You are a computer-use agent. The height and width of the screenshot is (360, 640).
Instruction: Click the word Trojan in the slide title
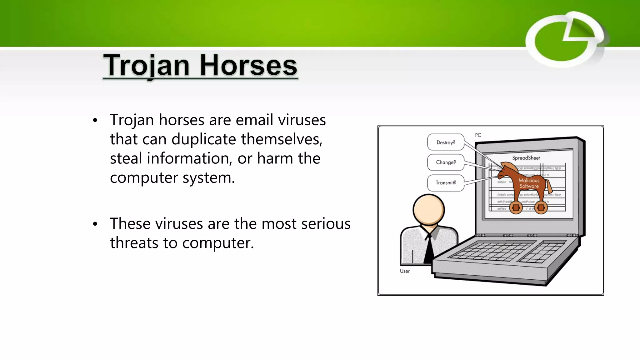point(146,66)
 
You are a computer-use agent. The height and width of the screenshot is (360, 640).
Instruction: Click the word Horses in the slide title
point(248,66)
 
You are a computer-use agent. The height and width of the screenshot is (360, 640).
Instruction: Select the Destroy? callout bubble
point(446,142)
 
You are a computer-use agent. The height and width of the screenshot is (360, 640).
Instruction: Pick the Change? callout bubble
point(446,162)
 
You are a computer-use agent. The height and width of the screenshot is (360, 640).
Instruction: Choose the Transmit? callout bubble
point(446,183)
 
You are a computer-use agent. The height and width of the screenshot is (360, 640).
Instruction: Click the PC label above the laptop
point(478,135)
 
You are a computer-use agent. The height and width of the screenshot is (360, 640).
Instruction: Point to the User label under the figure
point(405,271)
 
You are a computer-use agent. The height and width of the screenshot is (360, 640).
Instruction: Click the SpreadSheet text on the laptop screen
point(526,158)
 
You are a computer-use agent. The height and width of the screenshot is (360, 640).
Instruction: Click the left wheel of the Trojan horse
point(516,207)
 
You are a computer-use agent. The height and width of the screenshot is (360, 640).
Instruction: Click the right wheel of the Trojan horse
point(541,207)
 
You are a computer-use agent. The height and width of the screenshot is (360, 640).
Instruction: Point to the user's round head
point(428,210)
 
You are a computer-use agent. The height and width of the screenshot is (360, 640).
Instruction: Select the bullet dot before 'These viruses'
point(95,224)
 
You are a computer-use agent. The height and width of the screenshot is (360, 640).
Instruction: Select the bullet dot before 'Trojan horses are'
point(95,120)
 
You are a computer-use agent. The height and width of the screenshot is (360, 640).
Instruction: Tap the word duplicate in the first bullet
point(203,139)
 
